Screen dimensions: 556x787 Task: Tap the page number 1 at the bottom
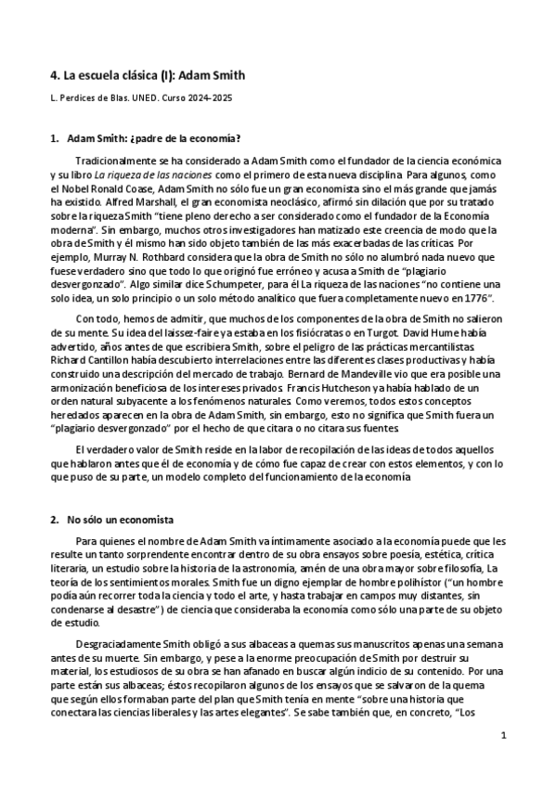coord(502,736)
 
